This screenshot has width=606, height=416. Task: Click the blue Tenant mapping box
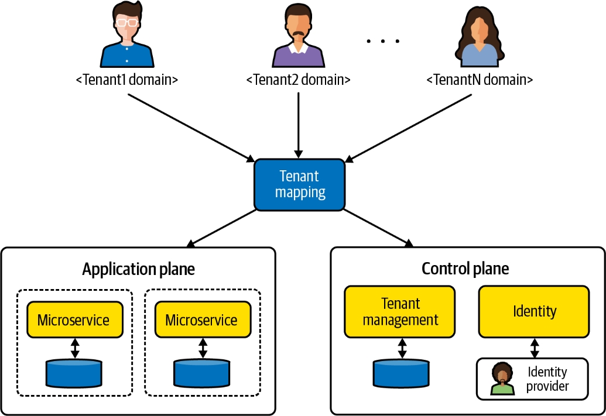[x=299, y=184]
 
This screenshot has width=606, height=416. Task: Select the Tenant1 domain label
[x=126, y=80]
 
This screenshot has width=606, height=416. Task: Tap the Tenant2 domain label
[x=299, y=80]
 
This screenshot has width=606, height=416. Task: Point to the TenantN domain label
[x=480, y=80]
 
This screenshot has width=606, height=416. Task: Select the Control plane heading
[x=465, y=269]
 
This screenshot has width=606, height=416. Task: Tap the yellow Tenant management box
[x=400, y=311]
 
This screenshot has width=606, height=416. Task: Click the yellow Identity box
[x=534, y=311]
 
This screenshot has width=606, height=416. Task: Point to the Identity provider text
[x=547, y=379]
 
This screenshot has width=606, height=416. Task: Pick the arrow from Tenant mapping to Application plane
[x=222, y=228]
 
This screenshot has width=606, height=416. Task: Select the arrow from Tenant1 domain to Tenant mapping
[x=190, y=126]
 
